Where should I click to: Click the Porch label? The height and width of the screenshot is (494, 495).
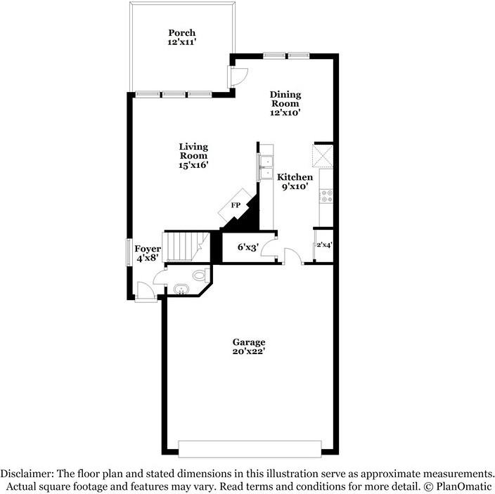pyautogui.click(x=181, y=37)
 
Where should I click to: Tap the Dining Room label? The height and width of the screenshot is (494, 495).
pyautogui.click(x=286, y=103)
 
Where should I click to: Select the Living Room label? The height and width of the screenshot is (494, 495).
pyautogui.click(x=193, y=155)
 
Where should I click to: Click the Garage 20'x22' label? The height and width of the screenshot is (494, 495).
pyautogui.click(x=249, y=346)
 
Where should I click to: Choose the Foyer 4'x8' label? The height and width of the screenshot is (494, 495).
pyautogui.click(x=148, y=254)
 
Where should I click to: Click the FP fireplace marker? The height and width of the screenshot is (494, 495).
pyautogui.click(x=236, y=206)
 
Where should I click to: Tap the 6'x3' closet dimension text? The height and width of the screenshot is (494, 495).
pyautogui.click(x=247, y=247)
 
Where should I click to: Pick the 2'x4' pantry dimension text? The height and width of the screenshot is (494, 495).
pyautogui.click(x=323, y=245)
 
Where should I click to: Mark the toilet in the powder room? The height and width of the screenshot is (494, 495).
pyautogui.click(x=200, y=273)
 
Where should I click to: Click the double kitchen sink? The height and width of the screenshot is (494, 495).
pyautogui.click(x=266, y=167)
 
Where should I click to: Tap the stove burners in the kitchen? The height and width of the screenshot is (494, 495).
pyautogui.click(x=326, y=195)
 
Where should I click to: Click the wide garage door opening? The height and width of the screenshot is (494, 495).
pyautogui.click(x=250, y=448)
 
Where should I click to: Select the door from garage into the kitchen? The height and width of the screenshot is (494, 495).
pyautogui.click(x=294, y=256)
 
